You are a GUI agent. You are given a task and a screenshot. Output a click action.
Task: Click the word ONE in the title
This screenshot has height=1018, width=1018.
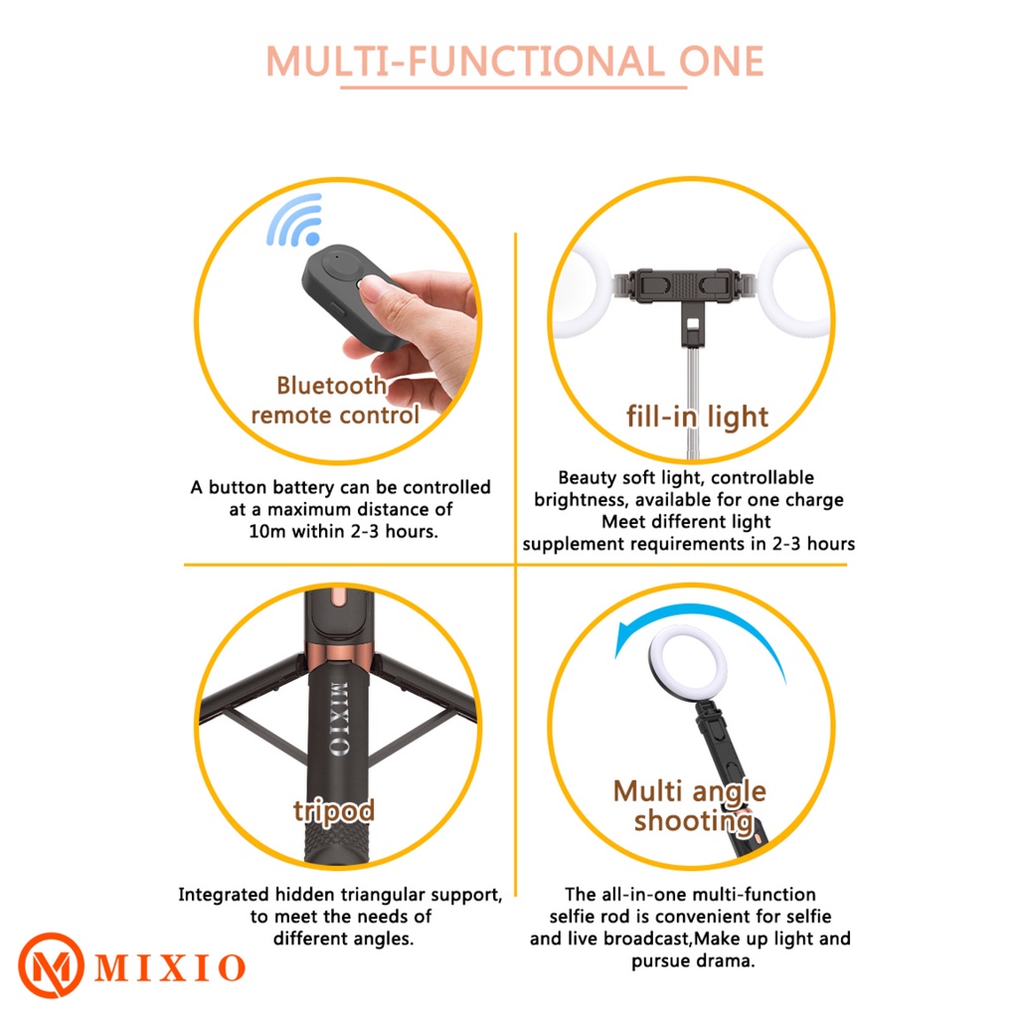[721, 62]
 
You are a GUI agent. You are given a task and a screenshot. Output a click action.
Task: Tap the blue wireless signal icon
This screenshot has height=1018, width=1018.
[295, 220]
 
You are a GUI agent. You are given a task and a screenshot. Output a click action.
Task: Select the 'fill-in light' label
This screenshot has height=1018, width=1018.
[697, 417]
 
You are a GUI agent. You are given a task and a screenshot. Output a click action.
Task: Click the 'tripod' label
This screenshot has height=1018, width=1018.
[334, 811]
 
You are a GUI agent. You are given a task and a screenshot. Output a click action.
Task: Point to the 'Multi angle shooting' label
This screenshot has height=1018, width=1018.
[690, 805]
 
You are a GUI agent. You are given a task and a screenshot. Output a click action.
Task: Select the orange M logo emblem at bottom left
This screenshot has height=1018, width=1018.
[51, 965]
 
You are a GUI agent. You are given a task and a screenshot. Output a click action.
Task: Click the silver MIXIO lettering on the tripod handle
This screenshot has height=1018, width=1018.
[339, 719]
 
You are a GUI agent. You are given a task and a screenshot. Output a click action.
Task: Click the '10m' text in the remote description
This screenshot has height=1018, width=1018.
[266, 532]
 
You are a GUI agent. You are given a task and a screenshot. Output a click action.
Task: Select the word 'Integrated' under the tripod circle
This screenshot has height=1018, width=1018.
[224, 896]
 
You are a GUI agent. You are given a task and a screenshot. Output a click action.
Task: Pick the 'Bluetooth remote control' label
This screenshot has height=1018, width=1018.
[335, 401]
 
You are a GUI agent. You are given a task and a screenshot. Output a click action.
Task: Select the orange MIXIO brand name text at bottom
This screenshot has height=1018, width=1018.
[170, 968]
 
